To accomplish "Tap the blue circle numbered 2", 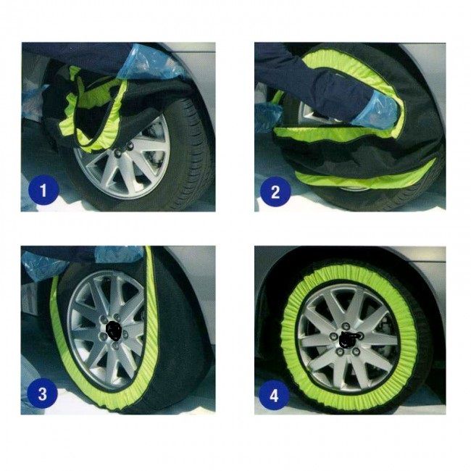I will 275,192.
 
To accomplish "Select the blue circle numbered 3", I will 43,395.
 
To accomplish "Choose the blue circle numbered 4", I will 274,396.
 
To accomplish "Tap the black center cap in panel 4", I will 347,338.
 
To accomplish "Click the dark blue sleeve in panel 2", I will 319,91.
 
